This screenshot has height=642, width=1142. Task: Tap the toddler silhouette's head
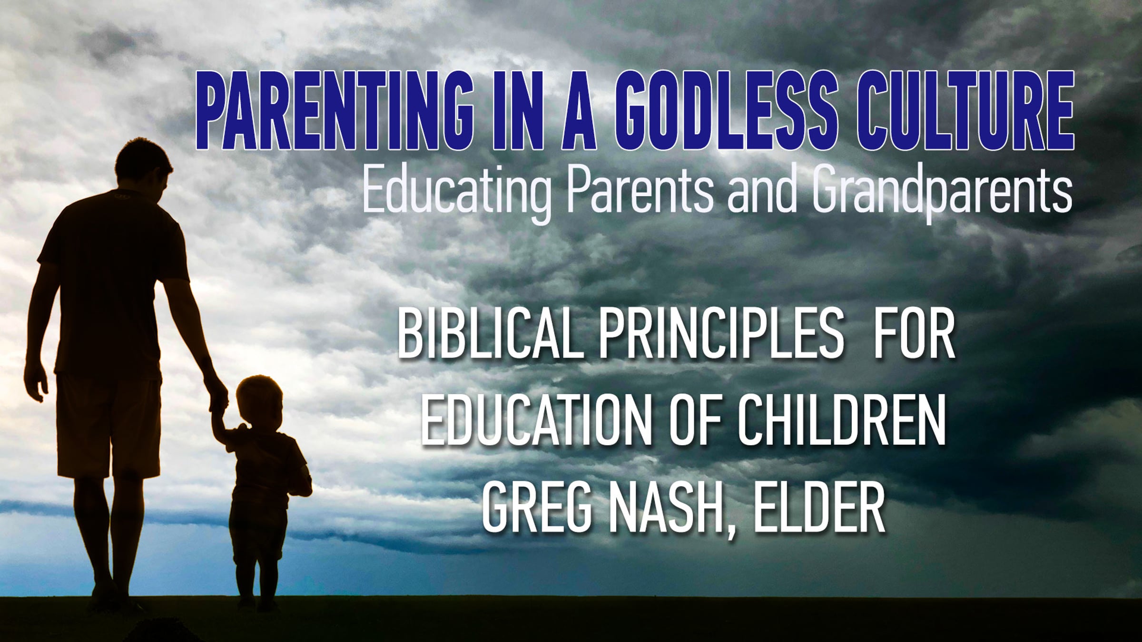tap(260, 402)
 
